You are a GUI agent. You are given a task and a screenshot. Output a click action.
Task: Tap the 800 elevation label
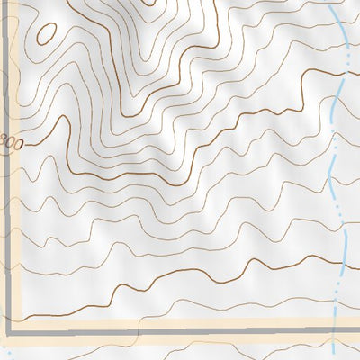[x=9, y=142]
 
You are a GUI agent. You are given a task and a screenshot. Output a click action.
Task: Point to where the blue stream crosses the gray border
[x=336, y=323]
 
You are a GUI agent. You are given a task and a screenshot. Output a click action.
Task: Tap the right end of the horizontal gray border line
[x=358, y=323]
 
